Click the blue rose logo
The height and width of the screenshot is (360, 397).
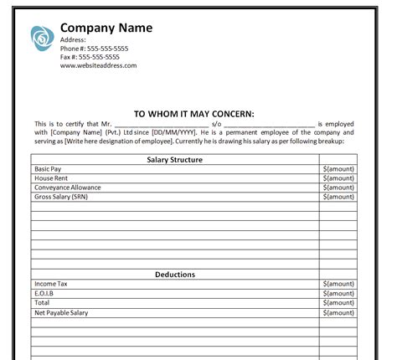point(42,38)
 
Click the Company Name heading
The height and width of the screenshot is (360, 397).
point(106,28)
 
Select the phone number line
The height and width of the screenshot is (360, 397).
point(94,49)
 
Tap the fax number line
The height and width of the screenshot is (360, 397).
point(95,57)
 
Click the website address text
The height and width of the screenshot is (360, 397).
point(98,65)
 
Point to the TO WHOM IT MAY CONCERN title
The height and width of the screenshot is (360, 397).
point(193,114)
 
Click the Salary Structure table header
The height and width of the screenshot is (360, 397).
point(175,159)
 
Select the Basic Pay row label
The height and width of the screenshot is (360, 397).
point(48,169)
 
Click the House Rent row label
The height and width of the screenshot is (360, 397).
point(51,178)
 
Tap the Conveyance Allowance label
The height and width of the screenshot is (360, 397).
point(67,188)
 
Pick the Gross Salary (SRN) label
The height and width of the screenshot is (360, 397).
point(60,197)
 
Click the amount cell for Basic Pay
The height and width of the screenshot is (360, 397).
point(338,169)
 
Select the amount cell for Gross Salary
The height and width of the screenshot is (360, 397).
point(338,197)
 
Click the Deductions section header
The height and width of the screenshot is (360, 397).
point(175,275)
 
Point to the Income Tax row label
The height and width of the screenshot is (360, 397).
point(51,285)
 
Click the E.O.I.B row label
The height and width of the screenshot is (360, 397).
point(45,294)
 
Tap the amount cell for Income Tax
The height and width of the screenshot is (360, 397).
point(338,285)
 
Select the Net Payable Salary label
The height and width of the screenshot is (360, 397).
point(61,312)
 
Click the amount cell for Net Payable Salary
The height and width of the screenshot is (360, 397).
point(338,312)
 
